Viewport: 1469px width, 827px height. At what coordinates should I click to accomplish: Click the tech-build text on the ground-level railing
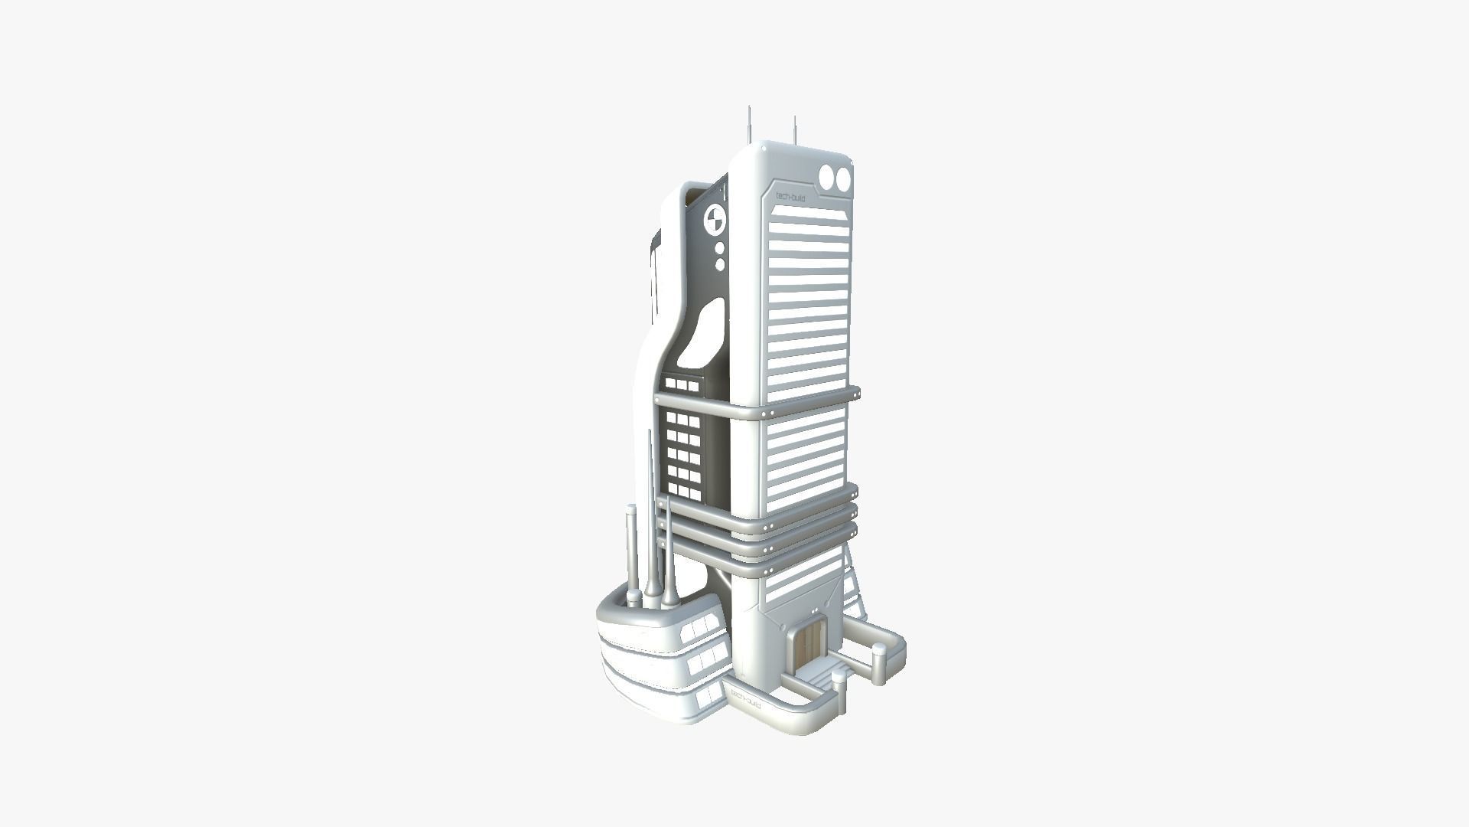tap(745, 698)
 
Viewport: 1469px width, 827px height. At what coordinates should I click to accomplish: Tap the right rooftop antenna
tap(795, 130)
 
